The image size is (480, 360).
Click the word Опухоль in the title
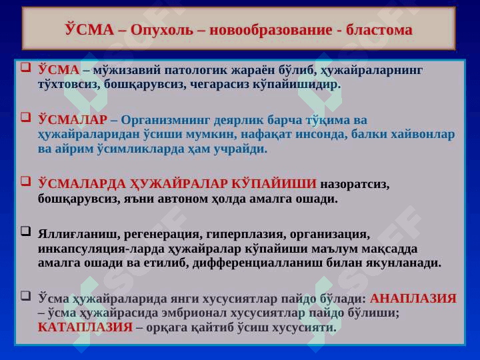162,30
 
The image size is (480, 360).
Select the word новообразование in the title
271,30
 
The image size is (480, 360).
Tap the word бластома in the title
379,30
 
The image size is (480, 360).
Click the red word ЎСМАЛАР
73,120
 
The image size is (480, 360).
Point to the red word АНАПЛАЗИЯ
413,299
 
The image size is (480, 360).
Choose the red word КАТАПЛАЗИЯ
85,327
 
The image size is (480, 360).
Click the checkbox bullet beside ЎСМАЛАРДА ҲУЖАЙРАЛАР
26,181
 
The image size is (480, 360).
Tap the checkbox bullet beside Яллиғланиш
26,231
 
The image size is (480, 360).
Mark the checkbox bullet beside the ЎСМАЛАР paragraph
26,117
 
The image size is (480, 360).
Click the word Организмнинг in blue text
165,120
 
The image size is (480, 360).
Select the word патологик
196,71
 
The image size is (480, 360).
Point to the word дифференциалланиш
257,263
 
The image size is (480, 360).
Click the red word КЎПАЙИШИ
274,183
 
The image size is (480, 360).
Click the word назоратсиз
355,185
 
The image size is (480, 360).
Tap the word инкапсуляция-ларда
101,249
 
